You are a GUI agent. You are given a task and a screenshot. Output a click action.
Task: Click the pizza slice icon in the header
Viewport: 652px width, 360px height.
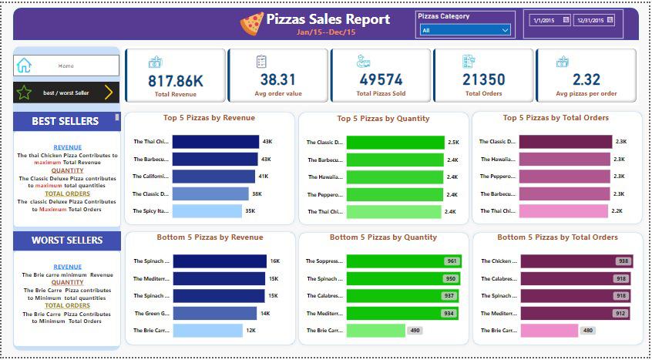[x=251, y=23]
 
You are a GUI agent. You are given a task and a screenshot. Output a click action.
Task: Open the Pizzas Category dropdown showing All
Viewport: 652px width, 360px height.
[x=465, y=30]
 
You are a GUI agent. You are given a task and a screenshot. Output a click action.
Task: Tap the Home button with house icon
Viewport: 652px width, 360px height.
[x=66, y=66]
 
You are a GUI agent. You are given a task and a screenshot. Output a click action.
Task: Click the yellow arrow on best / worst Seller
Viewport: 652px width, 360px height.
[x=108, y=93]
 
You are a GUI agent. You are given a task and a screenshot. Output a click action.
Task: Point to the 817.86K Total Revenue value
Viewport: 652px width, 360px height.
[x=176, y=79]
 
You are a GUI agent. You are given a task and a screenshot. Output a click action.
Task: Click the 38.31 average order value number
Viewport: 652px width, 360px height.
[x=277, y=79]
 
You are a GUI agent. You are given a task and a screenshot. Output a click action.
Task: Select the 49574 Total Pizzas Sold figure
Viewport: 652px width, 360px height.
[x=381, y=79]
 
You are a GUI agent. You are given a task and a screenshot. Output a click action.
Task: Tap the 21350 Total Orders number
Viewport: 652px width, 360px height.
[x=483, y=79]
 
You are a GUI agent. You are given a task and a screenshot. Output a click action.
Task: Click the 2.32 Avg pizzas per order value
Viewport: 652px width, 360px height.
[x=586, y=79]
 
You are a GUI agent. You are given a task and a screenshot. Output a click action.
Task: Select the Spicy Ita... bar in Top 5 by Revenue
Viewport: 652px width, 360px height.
[x=207, y=211]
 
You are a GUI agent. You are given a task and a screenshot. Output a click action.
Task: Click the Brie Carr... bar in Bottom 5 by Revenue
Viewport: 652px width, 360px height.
[x=207, y=330]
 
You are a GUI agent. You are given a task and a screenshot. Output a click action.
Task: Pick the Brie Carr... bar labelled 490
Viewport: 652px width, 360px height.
[x=375, y=330]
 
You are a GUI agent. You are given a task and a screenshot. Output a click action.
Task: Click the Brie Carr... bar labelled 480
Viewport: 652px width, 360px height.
[x=548, y=330]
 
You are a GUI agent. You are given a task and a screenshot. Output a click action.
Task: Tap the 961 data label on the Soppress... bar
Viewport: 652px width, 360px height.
[x=451, y=261]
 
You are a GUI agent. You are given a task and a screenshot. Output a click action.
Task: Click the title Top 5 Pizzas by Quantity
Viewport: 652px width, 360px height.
[x=383, y=119]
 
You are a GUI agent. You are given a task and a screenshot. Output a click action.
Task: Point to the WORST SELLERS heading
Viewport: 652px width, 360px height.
[x=67, y=241]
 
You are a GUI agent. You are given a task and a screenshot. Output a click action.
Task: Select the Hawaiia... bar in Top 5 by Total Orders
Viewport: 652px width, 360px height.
[x=564, y=159]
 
